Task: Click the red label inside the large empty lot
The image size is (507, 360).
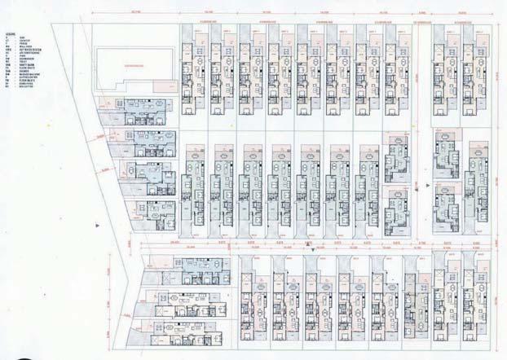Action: (131, 63)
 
